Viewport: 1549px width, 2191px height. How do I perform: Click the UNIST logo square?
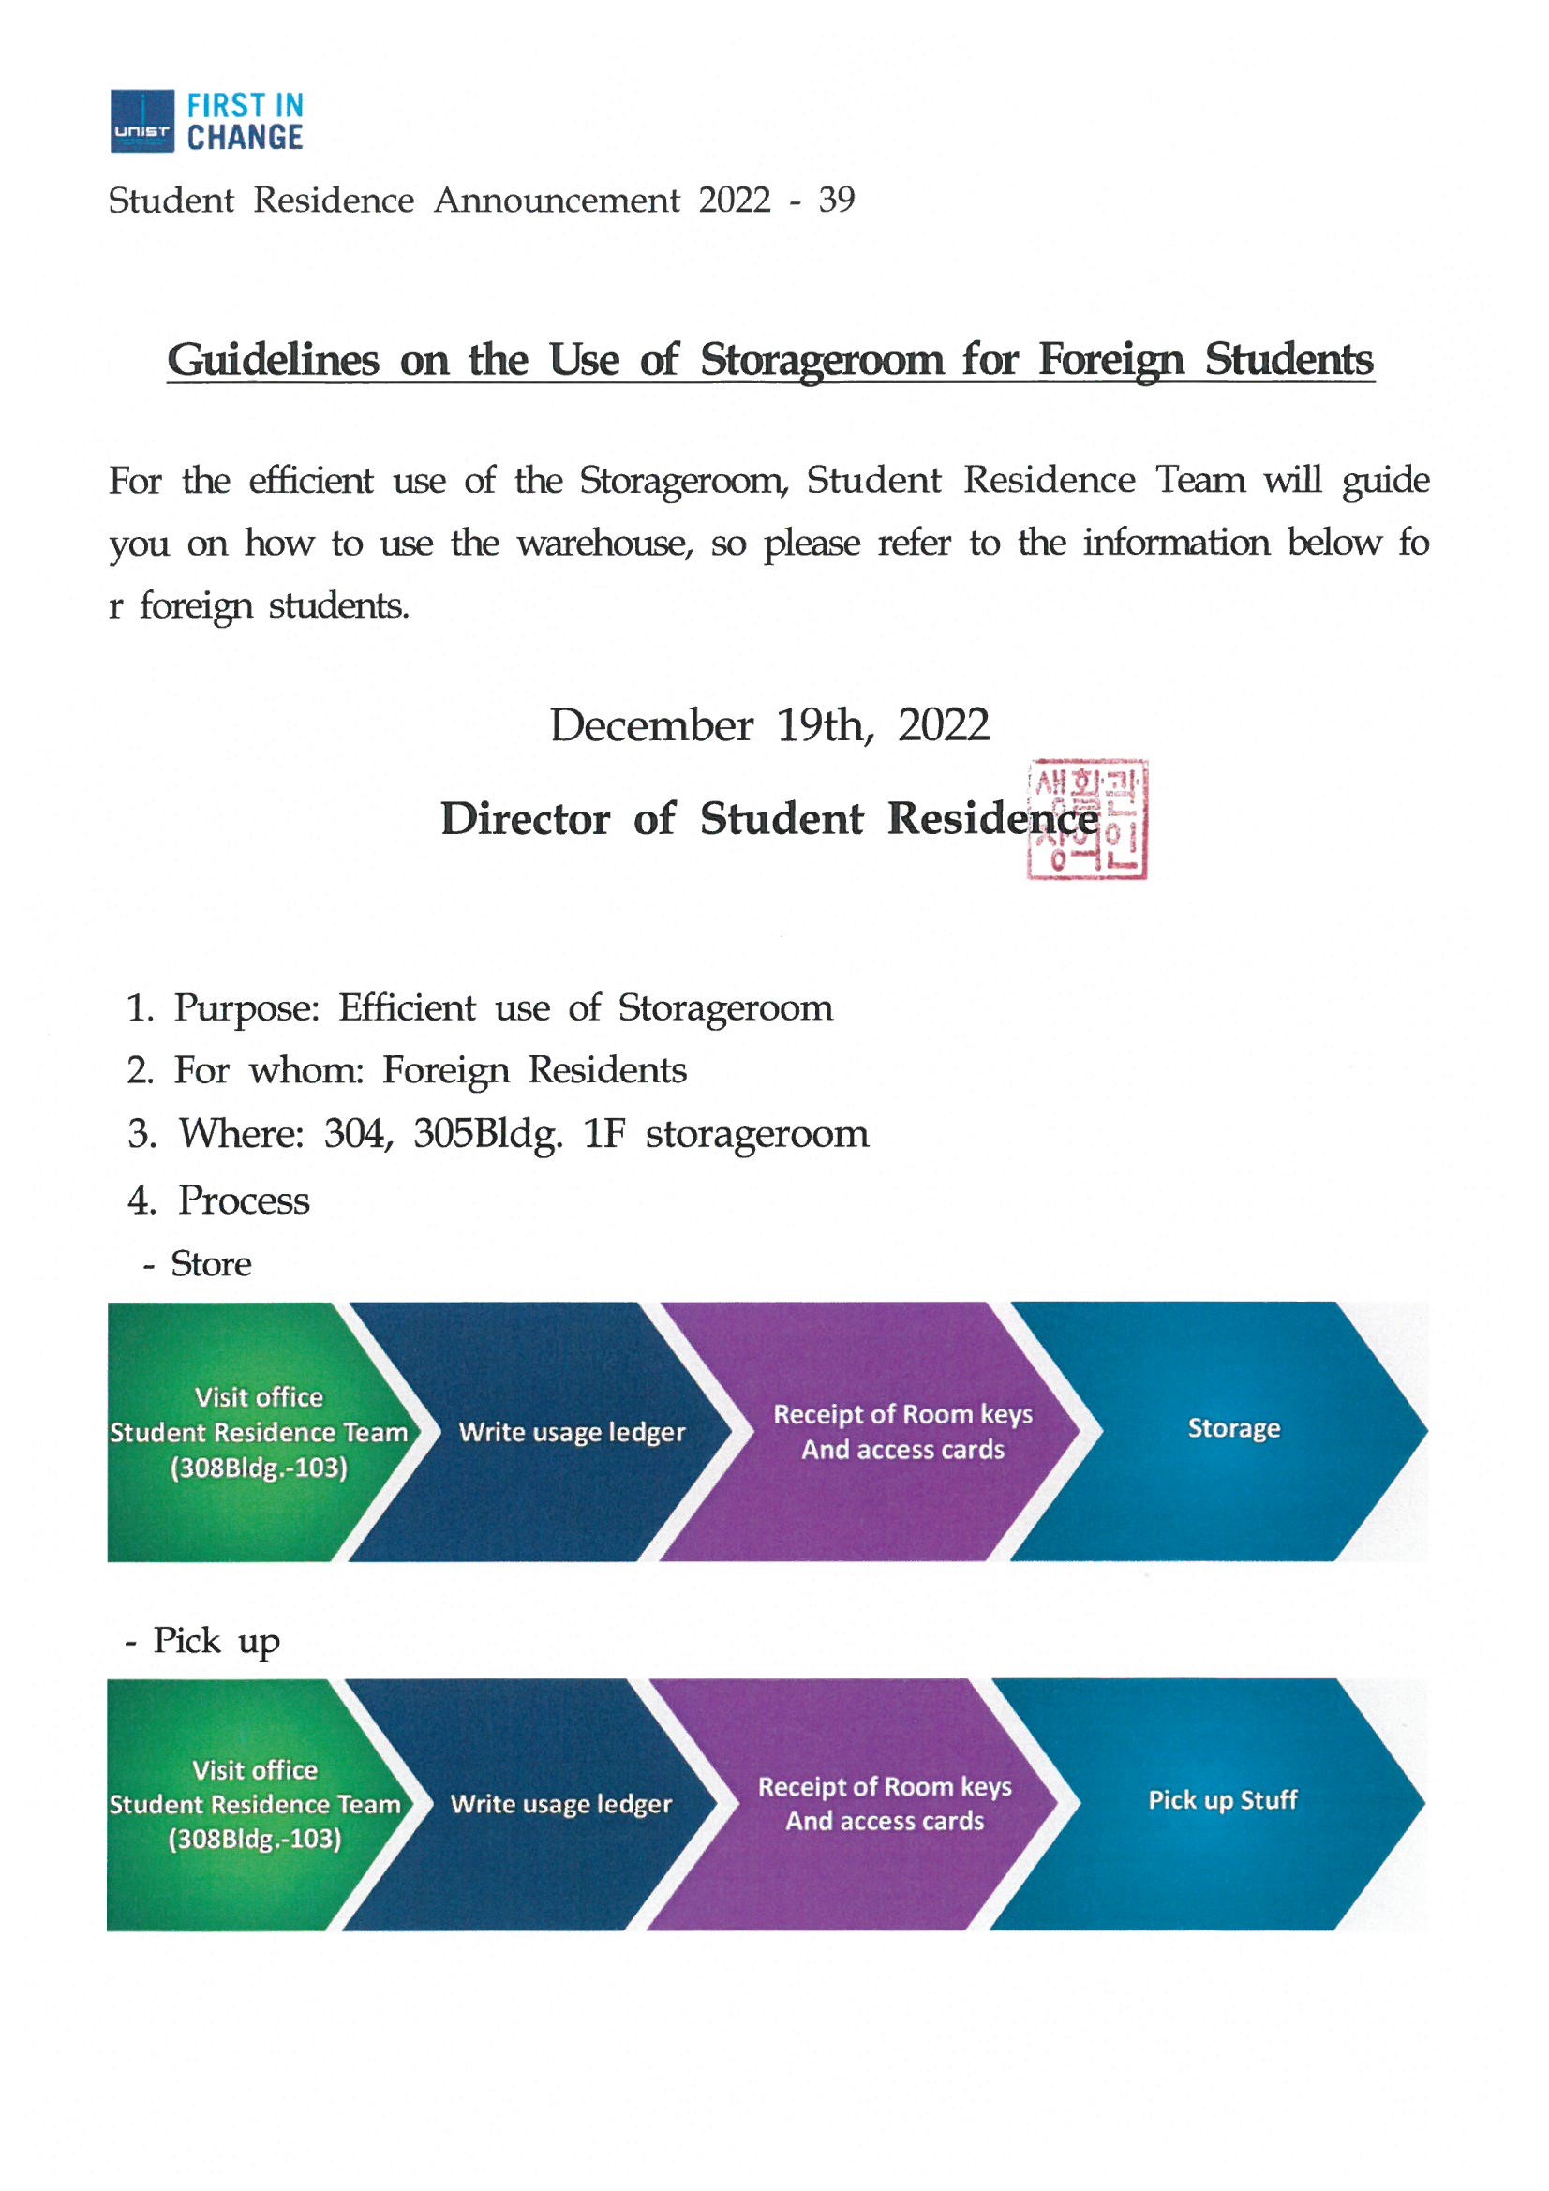(x=142, y=121)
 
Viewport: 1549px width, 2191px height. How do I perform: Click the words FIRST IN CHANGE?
(x=245, y=121)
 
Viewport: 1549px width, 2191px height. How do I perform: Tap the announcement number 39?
(x=836, y=200)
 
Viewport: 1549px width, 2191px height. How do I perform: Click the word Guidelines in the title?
(x=273, y=360)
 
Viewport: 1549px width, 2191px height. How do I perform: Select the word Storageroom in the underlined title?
(x=822, y=360)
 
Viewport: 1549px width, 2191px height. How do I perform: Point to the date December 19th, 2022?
(x=769, y=725)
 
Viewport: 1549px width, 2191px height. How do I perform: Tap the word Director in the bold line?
(x=525, y=819)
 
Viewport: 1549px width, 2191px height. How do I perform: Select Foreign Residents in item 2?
(x=534, y=1071)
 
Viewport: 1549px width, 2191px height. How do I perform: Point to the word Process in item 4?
(x=244, y=1200)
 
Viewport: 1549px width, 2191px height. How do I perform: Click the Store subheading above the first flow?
(x=210, y=1264)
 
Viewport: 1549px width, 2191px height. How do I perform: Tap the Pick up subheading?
(x=216, y=1641)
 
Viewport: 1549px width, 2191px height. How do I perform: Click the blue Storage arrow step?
(x=1233, y=1428)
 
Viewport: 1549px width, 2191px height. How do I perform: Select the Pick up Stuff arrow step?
(x=1222, y=1799)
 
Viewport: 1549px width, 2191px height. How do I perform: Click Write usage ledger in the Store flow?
(x=572, y=1431)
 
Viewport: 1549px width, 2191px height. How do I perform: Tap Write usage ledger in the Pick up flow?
(x=561, y=1804)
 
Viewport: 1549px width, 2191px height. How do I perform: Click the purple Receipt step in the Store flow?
(x=901, y=1431)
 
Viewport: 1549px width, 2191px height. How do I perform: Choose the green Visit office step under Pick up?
(x=254, y=1804)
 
